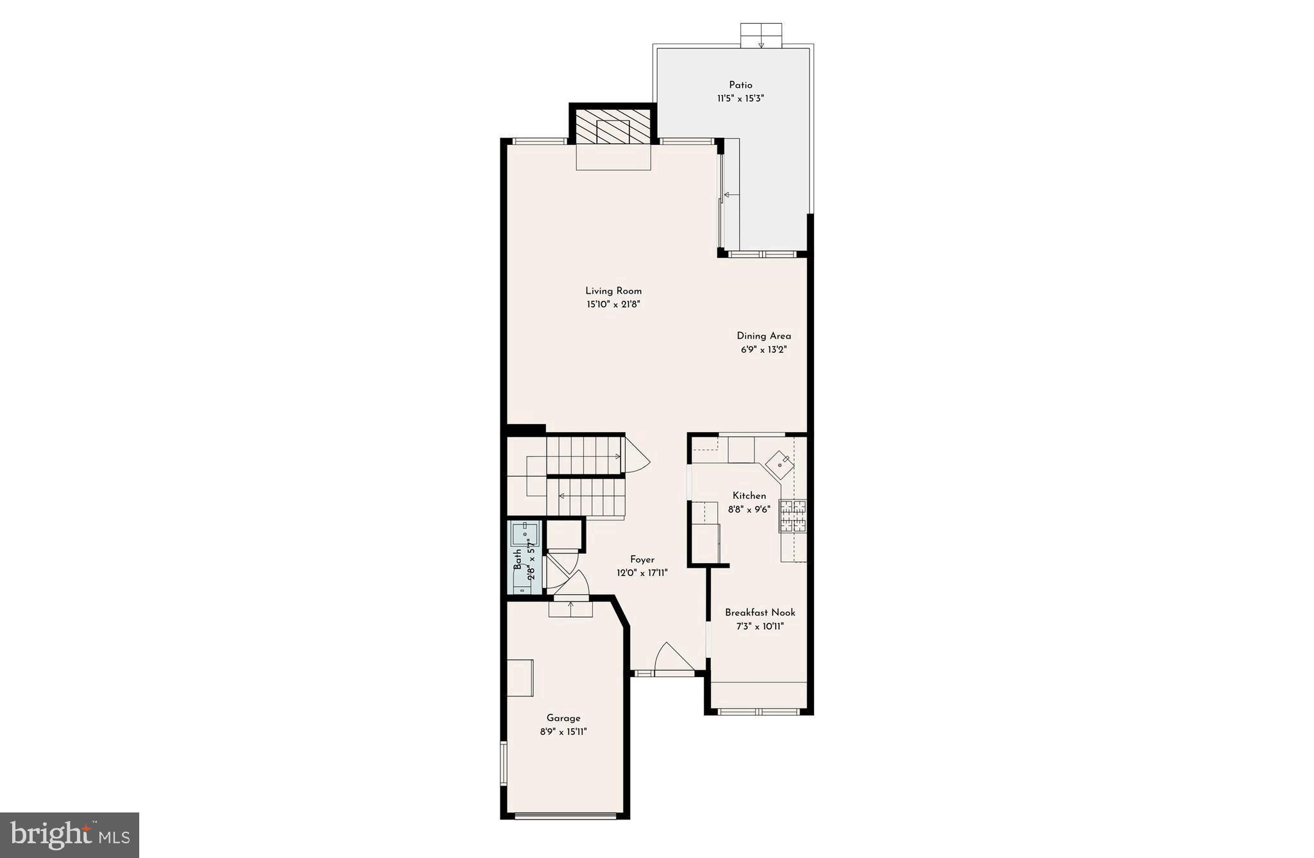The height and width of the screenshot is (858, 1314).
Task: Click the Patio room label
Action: click(740, 85)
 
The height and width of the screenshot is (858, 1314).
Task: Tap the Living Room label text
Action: click(613, 290)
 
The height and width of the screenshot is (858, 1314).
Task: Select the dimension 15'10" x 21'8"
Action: click(613, 305)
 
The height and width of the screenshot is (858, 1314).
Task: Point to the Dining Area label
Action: click(764, 335)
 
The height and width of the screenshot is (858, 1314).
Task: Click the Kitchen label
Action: click(749, 495)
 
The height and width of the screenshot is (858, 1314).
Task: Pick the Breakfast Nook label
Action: click(760, 612)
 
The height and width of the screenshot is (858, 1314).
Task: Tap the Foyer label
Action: click(642, 559)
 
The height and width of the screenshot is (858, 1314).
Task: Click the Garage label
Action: click(563, 718)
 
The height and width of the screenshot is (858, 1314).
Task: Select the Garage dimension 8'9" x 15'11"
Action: click(563, 732)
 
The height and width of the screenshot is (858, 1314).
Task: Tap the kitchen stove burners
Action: click(793, 516)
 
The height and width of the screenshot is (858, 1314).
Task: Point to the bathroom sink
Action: click(525, 534)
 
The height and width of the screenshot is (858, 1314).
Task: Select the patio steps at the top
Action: click(761, 35)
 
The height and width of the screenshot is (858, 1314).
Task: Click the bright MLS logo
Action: click(69, 835)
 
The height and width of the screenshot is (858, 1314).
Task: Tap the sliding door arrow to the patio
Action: click(730, 194)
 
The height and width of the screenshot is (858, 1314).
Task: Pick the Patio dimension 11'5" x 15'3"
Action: click(740, 99)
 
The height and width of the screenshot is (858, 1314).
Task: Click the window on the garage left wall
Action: click(504, 763)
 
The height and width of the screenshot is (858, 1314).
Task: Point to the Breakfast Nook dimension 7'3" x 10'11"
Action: click(760, 627)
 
